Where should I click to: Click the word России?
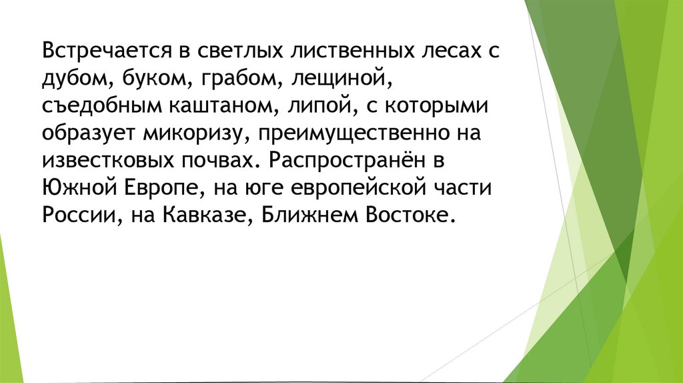pos(75,216)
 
